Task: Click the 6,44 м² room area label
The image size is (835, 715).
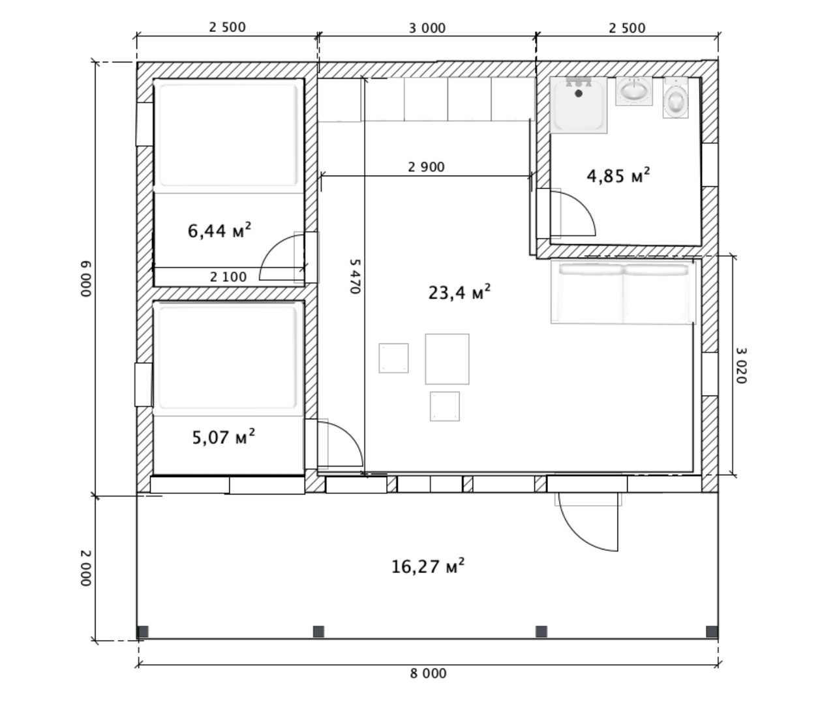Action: (219, 231)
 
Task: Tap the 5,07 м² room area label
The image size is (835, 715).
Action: (223, 437)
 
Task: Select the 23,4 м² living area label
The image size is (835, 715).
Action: (459, 292)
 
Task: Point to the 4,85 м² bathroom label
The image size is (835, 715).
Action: (618, 175)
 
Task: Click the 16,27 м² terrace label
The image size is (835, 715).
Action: (428, 566)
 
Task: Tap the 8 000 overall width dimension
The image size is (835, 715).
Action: (428, 673)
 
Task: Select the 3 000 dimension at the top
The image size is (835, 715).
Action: (427, 28)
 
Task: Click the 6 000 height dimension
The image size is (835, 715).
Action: (86, 279)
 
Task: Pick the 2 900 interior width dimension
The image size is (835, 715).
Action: (426, 167)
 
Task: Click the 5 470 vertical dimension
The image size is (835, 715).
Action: (354, 276)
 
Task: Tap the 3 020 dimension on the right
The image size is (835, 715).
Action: (741, 366)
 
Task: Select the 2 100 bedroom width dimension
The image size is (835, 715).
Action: (228, 277)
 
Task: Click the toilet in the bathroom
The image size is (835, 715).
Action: (675, 98)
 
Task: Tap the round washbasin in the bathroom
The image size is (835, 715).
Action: (634, 91)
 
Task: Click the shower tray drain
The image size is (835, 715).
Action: (579, 94)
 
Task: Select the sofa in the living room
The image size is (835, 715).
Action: (624, 293)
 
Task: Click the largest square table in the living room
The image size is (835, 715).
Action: (448, 359)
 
